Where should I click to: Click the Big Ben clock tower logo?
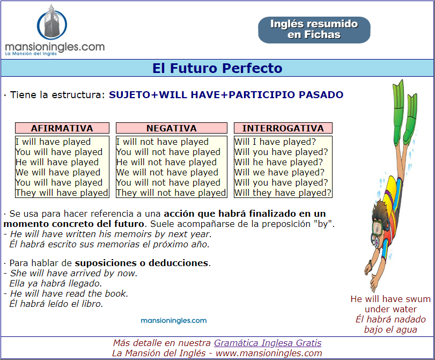52,22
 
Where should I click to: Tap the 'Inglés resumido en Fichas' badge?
314,30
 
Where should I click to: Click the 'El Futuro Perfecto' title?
217,68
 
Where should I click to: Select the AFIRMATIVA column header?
62,128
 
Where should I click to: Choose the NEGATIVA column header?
172,128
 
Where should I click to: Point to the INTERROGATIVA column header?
283,128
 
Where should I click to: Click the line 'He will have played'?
57,162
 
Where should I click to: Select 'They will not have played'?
171,193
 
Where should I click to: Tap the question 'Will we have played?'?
279,172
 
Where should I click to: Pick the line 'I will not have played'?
163,142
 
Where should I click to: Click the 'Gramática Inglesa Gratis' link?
268,343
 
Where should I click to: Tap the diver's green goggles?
377,227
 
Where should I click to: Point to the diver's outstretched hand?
374,283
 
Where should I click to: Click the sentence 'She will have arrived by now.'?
74,273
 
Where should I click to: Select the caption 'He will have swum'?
390,299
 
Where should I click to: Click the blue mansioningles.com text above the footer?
174,321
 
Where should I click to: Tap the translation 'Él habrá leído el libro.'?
56,304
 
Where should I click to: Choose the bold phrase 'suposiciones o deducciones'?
142,263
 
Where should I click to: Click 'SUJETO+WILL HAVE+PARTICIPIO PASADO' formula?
226,94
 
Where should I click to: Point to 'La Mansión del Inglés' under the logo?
31,54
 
